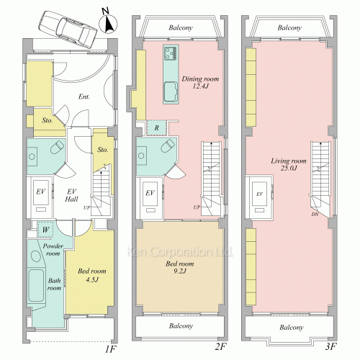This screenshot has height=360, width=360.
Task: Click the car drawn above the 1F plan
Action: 68,30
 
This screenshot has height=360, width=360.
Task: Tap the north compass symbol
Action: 108,22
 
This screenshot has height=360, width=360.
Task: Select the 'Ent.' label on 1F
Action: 84,96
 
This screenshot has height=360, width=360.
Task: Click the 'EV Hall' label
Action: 71,195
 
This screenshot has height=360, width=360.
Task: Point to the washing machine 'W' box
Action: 45,230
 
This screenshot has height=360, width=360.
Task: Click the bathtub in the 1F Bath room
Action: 36,285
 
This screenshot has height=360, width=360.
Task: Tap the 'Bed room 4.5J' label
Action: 92,275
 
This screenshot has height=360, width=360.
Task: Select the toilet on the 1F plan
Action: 58,147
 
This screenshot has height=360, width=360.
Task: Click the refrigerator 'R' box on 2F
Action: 156,127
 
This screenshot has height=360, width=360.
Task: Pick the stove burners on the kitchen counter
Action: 171,53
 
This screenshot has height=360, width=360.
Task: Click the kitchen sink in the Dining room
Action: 171,91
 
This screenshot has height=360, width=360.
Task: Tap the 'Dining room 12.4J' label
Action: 200,82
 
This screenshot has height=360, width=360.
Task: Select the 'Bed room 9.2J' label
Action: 180,267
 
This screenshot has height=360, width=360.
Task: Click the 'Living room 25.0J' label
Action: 289,164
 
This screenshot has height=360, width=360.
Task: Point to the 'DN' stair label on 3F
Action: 315,214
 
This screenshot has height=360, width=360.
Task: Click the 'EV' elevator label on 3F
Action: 259,194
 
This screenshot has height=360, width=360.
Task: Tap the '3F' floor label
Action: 330,346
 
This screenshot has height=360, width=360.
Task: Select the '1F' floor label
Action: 111,349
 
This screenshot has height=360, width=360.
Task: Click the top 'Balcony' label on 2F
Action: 181,28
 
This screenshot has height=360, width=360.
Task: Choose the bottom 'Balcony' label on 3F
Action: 292,328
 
